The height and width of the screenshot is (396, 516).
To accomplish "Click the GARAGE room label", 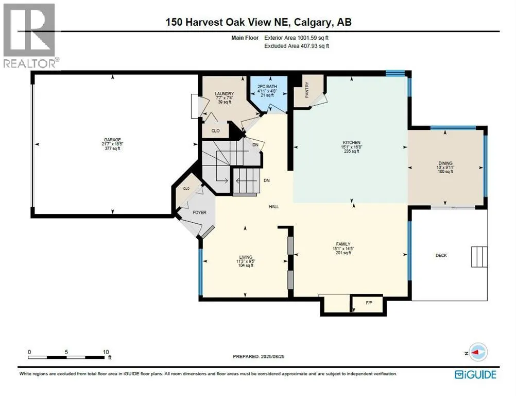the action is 112,140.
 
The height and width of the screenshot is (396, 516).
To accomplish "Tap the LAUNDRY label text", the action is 225,94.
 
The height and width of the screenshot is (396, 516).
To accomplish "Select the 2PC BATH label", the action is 267,86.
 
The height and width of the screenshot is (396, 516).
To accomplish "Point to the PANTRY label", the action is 307,90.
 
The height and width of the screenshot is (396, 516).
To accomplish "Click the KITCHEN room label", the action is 351,143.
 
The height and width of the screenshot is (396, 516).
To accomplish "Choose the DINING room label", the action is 445,163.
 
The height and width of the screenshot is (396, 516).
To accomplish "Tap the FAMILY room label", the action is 343,244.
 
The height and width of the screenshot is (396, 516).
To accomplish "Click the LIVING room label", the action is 246,257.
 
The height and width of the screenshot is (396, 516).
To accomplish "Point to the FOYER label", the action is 199,212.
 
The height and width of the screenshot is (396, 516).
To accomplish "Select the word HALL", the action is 274,207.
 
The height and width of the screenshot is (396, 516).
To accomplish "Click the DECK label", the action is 441,255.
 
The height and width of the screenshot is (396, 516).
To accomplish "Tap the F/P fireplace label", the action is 369,303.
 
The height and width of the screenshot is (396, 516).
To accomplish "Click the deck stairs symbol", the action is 479,257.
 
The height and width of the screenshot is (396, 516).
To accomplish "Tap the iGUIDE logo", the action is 475,374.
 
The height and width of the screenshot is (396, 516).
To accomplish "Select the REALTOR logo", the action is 30,36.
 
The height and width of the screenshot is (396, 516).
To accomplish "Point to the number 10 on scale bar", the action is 106,352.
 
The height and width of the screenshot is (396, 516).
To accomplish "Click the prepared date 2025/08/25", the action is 272,356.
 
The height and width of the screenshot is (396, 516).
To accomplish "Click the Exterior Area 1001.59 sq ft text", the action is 297,38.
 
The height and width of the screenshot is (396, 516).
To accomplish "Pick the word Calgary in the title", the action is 313,22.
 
